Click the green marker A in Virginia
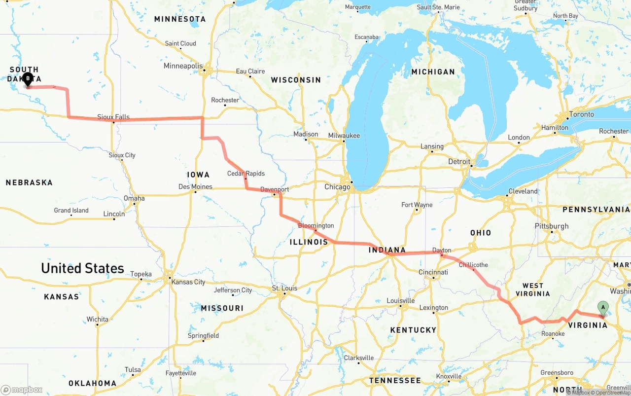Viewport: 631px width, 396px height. pyautogui.click(x=602, y=308)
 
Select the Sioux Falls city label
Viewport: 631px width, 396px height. pyautogui.click(x=113, y=117)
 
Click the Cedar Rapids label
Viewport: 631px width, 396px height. pyautogui.click(x=245, y=174)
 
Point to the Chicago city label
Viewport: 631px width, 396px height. pyautogui.click(x=337, y=187)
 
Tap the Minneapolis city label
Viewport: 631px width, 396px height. pyautogui.click(x=183, y=66)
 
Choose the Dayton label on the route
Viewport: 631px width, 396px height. pyautogui.click(x=442, y=251)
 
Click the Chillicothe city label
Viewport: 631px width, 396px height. pyautogui.click(x=473, y=265)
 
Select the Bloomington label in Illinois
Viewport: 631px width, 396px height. pyautogui.click(x=316, y=226)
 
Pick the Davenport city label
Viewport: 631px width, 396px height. pyautogui.click(x=275, y=189)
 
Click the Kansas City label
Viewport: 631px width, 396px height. pyautogui.click(x=188, y=282)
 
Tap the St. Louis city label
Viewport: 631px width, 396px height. pyautogui.click(x=284, y=288)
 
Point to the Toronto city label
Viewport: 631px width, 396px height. pyautogui.click(x=582, y=114)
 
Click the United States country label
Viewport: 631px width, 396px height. pyautogui.click(x=82, y=268)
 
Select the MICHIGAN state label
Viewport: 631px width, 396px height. pyautogui.click(x=433, y=72)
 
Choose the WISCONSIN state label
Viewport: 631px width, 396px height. pyautogui.click(x=296, y=80)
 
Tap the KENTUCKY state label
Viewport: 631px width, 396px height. pyautogui.click(x=413, y=330)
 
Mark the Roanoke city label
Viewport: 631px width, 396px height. pyautogui.click(x=553, y=334)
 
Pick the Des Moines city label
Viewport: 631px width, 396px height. pyautogui.click(x=195, y=187)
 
